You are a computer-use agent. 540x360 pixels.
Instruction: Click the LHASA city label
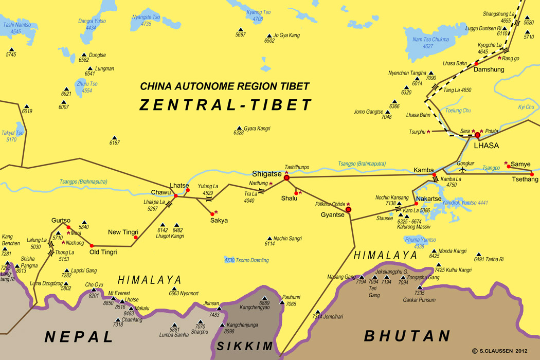click(x=486, y=146)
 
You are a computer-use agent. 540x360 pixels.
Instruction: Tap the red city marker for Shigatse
click(x=287, y=178)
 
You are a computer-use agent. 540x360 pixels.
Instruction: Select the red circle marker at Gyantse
click(x=348, y=209)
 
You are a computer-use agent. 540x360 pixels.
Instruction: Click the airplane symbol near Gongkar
click(x=463, y=169)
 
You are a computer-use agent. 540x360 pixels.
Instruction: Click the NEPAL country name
click(x=79, y=337)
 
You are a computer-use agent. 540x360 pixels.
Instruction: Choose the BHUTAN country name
click(x=407, y=336)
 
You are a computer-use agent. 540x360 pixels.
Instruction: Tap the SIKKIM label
click(x=244, y=346)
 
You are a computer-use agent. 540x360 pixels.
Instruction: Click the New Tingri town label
click(x=123, y=232)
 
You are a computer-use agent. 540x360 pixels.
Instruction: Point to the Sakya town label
click(x=219, y=220)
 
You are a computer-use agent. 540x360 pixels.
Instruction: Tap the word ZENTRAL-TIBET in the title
click(x=226, y=105)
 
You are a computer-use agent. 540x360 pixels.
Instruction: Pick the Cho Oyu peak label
click(x=95, y=284)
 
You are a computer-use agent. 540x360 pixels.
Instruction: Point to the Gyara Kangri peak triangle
click(x=239, y=128)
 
